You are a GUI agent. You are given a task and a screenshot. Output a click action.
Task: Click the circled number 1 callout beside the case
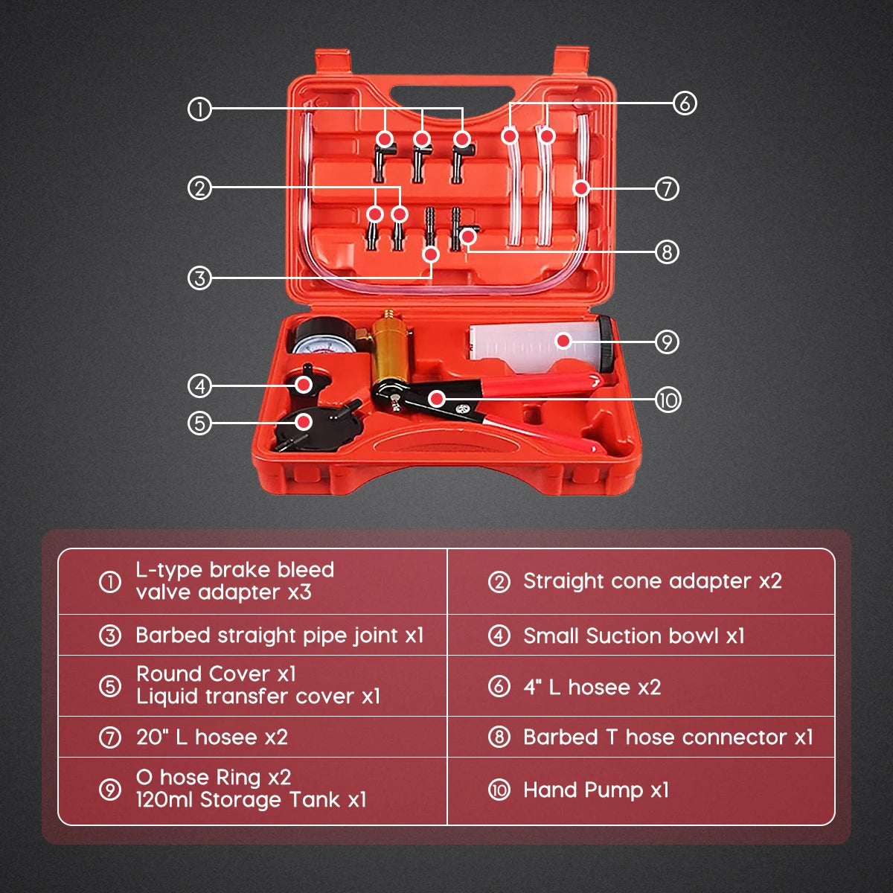(x=199, y=109)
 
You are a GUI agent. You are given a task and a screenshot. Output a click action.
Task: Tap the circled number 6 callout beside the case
(x=685, y=103)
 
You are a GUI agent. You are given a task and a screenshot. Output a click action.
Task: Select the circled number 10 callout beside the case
(x=668, y=400)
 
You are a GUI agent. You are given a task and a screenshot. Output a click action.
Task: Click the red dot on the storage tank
(x=563, y=341)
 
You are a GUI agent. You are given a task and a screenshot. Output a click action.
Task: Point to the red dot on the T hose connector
(x=469, y=237)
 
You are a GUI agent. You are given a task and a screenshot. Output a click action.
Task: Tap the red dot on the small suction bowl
(x=304, y=385)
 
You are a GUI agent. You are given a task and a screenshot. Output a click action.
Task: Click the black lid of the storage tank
(x=604, y=343)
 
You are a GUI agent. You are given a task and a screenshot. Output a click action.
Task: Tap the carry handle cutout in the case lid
(x=452, y=97)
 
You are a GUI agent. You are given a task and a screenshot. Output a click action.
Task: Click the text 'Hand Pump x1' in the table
(x=596, y=790)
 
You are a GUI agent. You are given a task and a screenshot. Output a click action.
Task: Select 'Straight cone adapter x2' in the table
(x=653, y=582)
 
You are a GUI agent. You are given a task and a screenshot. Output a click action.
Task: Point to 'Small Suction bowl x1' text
(x=633, y=636)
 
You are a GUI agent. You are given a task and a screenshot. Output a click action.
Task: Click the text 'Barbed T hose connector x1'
(x=668, y=737)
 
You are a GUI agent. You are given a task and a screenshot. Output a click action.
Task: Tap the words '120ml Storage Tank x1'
(x=252, y=800)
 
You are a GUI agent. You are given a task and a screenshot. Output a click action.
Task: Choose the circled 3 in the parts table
(x=110, y=636)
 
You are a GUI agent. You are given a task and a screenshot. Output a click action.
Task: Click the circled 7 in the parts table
(x=110, y=737)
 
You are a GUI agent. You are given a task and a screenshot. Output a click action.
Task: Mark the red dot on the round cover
(x=304, y=422)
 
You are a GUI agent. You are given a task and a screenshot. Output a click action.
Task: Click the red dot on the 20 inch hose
(x=581, y=188)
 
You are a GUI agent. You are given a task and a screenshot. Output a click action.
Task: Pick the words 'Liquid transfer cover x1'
(x=258, y=696)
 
